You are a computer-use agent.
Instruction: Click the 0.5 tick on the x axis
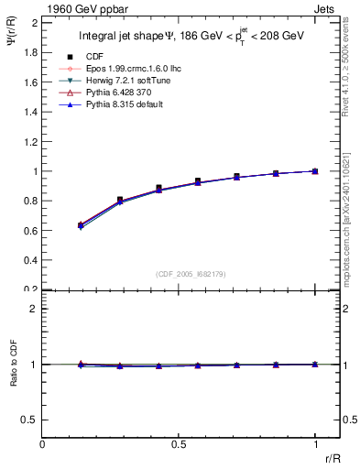[x=179, y=444]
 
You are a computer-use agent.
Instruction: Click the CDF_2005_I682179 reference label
[x=179, y=272]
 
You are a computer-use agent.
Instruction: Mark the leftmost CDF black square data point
[x=82, y=224]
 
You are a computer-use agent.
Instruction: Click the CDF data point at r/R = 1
[x=315, y=170]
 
